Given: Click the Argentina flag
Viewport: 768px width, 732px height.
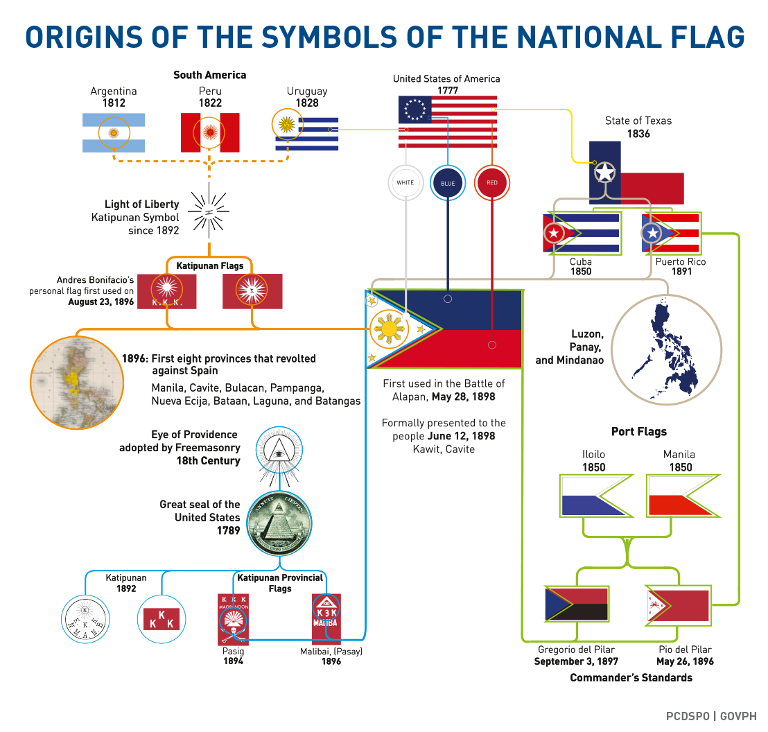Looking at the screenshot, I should pyautogui.click(x=114, y=132).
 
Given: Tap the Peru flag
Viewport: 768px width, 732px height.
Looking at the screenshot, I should pyautogui.click(x=210, y=132).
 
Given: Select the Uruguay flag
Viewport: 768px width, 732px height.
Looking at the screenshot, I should pyautogui.click(x=306, y=133).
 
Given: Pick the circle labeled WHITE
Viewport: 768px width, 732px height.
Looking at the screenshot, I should pyautogui.click(x=405, y=183).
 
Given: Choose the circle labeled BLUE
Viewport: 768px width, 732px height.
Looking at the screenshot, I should pyautogui.click(x=448, y=183).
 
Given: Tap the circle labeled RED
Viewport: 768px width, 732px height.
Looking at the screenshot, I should pyautogui.click(x=491, y=183).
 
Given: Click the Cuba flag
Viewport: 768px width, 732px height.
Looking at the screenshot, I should pyautogui.click(x=581, y=233).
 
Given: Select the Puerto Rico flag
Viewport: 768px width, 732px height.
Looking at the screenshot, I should pyautogui.click(x=671, y=233).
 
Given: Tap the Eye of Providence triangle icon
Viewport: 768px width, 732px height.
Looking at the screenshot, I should pyautogui.click(x=279, y=451).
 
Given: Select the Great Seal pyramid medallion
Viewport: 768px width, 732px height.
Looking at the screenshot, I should pyautogui.click(x=279, y=523).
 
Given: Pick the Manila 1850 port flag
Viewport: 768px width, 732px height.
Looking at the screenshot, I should pyautogui.click(x=681, y=495).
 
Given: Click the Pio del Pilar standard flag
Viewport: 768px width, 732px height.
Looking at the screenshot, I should pyautogui.click(x=678, y=605).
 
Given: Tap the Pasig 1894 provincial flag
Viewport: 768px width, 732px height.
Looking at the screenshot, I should pyautogui.click(x=234, y=619).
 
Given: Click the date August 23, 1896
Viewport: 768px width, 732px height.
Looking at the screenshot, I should pyautogui.click(x=101, y=302).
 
